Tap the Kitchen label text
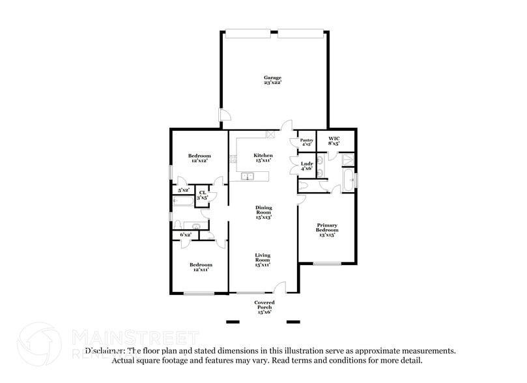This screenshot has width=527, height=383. coord(263,158)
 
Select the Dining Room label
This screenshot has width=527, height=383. coord(263,212)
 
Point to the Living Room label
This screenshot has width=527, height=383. coord(263,259)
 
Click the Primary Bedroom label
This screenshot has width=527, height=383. coord(327,229)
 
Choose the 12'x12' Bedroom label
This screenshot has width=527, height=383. coord(199,158)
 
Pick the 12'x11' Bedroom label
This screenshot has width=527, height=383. coord(201,267)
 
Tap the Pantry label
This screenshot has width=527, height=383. coord(306,142)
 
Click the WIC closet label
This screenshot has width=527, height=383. coord(334,141)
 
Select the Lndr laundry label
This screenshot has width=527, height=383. coord(306,165)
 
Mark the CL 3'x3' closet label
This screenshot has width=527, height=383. coord(202,195)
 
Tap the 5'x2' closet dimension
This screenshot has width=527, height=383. coord(184,190)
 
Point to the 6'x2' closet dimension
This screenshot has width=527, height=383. coord(185,234)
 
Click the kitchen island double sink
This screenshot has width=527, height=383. coord(247,175)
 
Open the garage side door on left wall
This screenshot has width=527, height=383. coord(223,117)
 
